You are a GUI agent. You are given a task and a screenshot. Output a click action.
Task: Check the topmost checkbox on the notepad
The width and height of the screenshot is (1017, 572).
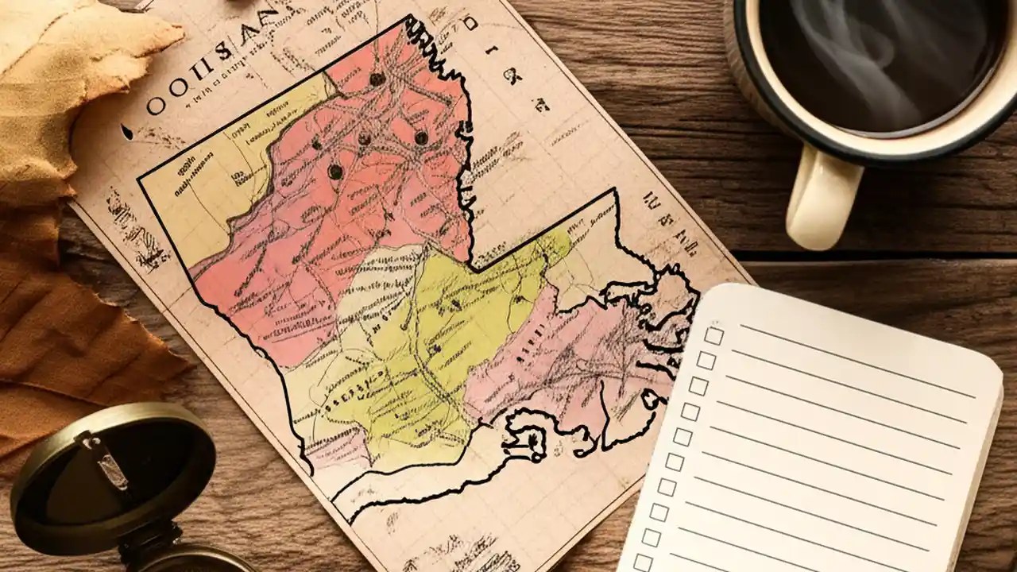pos(713,335)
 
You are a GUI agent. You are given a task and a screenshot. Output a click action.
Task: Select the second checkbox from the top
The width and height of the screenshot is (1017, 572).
pos(706,361)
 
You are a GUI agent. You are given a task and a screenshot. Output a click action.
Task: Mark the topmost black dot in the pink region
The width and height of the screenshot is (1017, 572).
pos(377,79)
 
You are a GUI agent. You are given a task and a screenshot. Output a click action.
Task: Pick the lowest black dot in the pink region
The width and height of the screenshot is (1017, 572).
pos(335,171)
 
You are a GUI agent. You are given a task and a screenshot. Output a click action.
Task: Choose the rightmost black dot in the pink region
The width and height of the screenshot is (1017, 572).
pos(421,137)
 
